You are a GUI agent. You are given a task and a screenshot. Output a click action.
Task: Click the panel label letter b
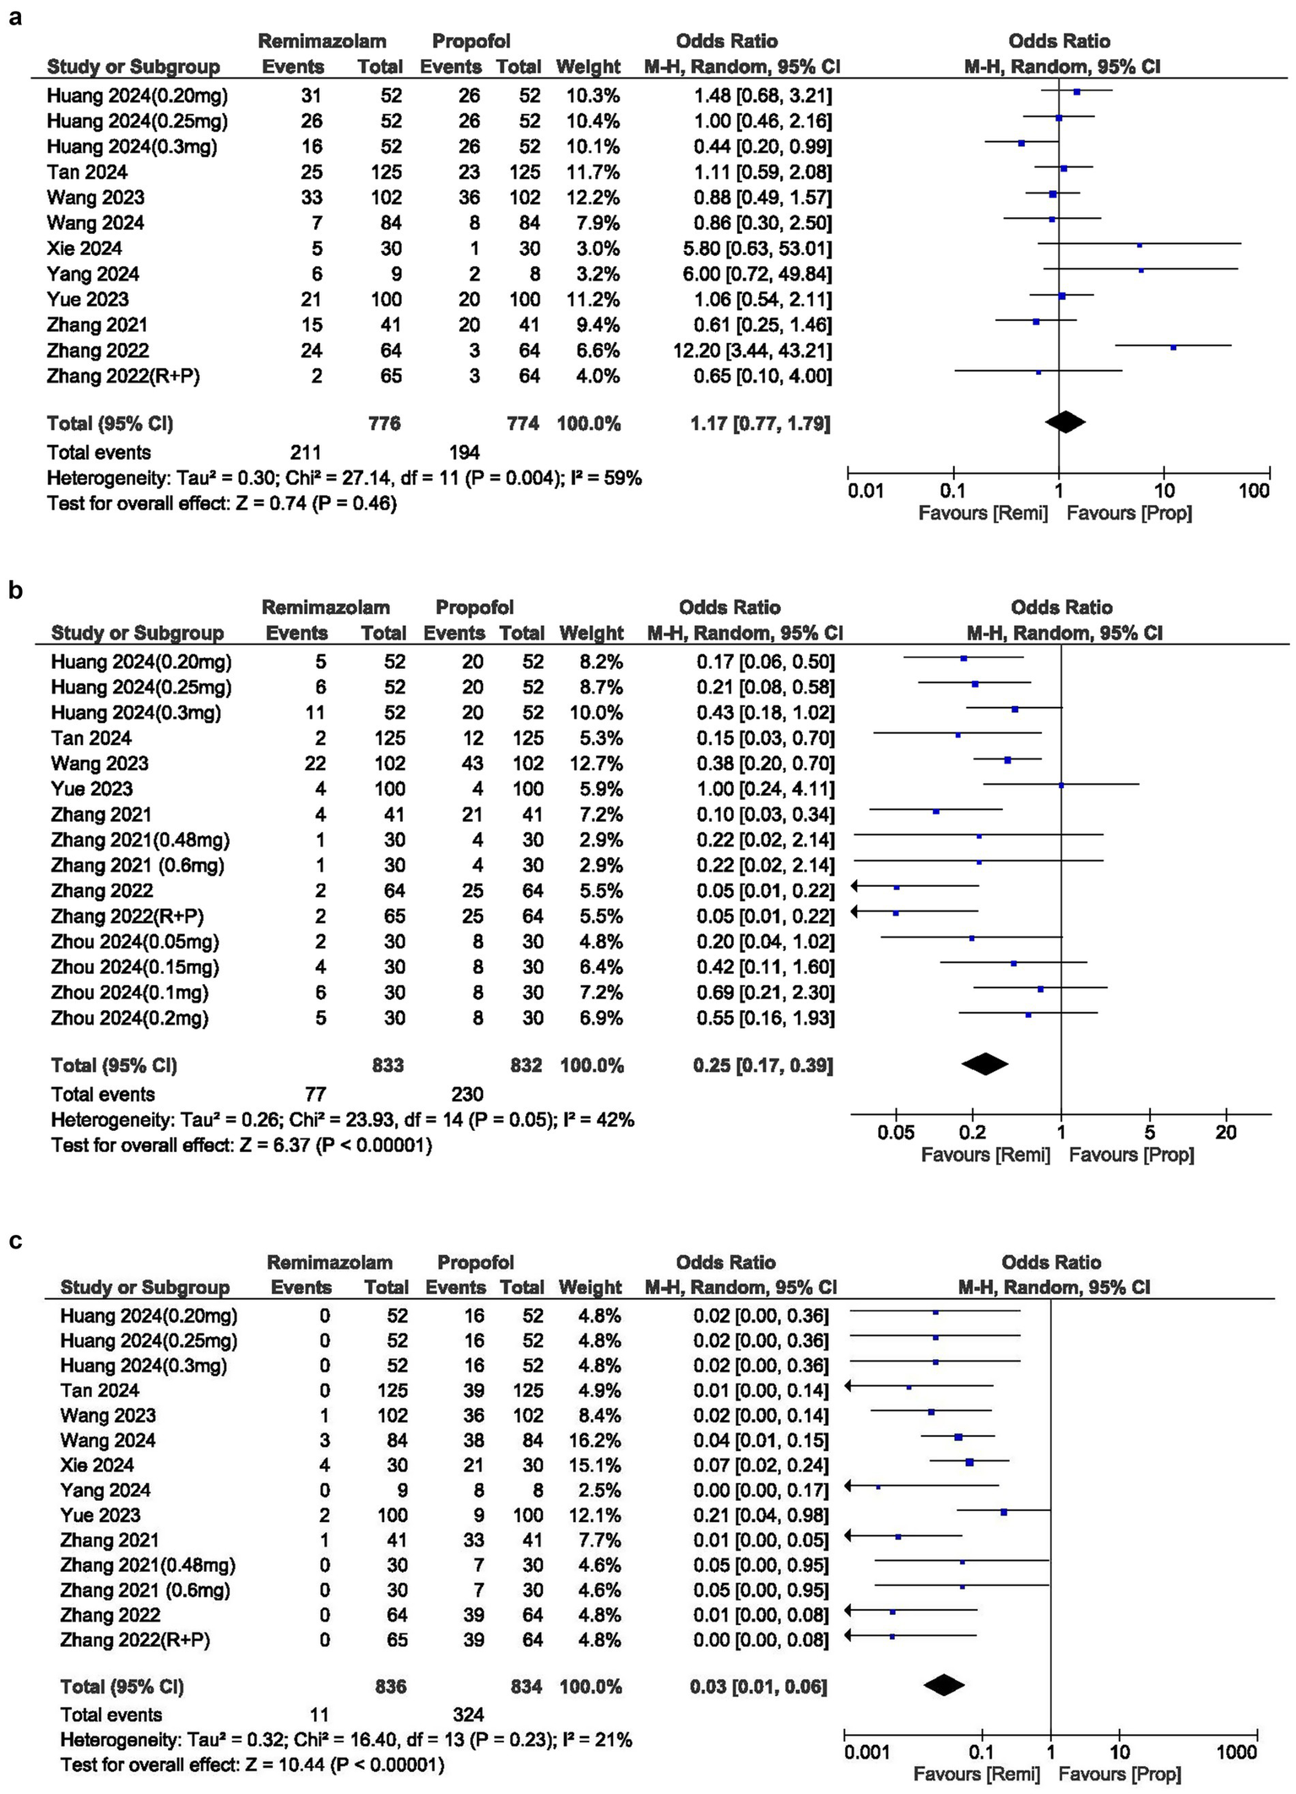pos(16,590)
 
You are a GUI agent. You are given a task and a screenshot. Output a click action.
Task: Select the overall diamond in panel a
pos(1065,421)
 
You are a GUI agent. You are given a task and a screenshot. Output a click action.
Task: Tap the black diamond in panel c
pos(944,1685)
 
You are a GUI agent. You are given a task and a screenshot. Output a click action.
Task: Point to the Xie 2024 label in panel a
pos(84,248)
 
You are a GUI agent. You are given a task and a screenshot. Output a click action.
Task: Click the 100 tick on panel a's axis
pos(1254,491)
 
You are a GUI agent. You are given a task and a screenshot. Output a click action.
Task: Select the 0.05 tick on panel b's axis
pos(896,1133)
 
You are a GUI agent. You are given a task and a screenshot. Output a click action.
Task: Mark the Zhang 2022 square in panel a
pos(1173,347)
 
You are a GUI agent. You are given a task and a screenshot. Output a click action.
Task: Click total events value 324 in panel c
pos(468,1715)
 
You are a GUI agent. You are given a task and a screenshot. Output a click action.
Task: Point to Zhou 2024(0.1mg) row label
pos(130,992)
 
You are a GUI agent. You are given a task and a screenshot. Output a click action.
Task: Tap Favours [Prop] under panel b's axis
pos(1131,1155)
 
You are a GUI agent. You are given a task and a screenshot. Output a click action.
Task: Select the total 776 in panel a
pos(384,423)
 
